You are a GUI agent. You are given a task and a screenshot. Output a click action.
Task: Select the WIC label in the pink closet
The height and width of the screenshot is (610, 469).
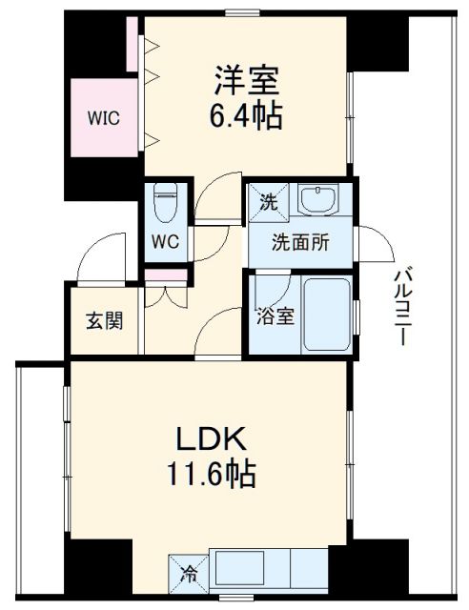[x=103, y=118]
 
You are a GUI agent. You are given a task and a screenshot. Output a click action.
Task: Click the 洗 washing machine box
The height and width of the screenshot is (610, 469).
[x=270, y=201]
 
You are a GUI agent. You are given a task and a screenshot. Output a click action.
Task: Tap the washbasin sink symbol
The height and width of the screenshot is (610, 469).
[x=316, y=200]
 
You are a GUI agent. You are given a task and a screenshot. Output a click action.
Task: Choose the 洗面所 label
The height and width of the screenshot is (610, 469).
[x=301, y=241]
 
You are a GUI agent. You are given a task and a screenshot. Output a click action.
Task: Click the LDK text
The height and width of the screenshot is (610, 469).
[x=211, y=440]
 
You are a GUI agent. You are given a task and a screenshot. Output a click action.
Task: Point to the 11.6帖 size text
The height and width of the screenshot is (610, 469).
[x=211, y=474]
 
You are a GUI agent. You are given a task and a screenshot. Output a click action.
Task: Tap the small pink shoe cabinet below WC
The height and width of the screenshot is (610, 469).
[x=167, y=277]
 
